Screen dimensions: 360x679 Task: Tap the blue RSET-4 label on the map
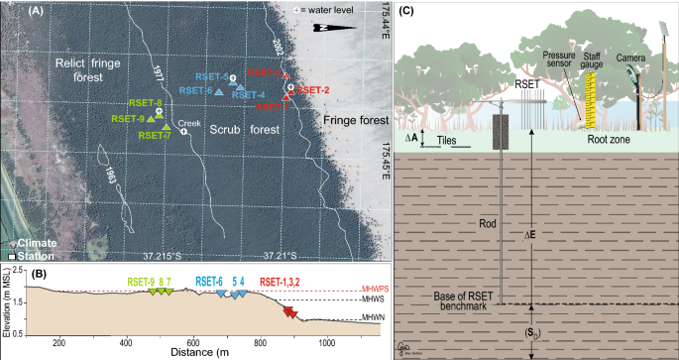[247, 95]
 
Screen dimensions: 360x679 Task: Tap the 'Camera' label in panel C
[624, 59]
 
